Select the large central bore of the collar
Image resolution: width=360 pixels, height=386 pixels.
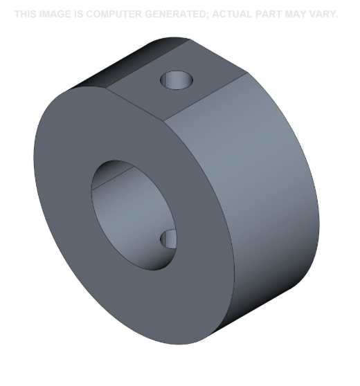pyautogui.click(x=132, y=208)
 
